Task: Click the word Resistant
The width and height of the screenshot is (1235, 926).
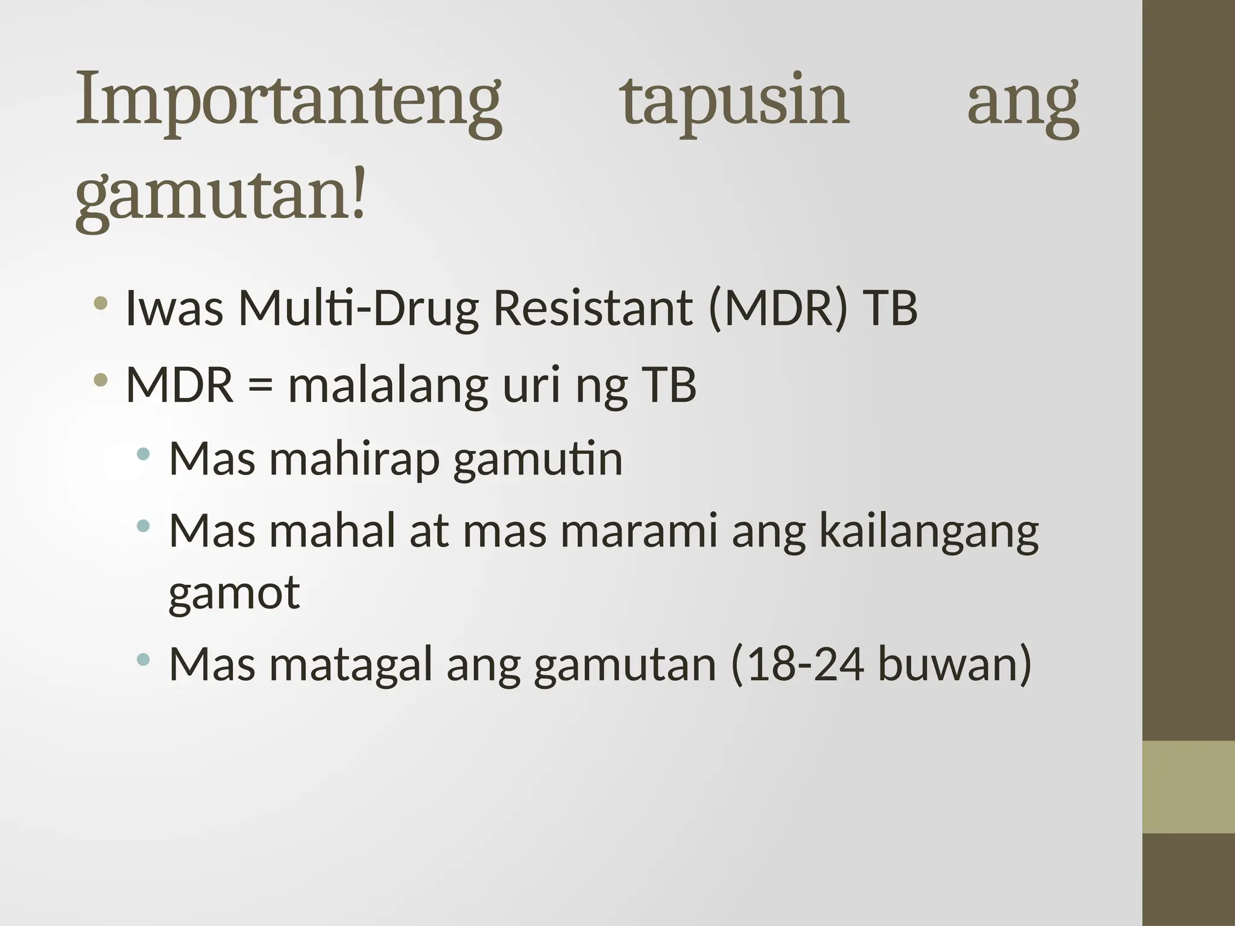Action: [593, 308]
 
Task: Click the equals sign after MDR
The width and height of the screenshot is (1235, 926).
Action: [261, 386]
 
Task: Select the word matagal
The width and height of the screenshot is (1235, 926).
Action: [351, 665]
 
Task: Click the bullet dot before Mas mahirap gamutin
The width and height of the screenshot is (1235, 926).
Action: [143, 454]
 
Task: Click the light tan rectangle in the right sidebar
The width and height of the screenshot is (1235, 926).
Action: [1189, 787]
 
